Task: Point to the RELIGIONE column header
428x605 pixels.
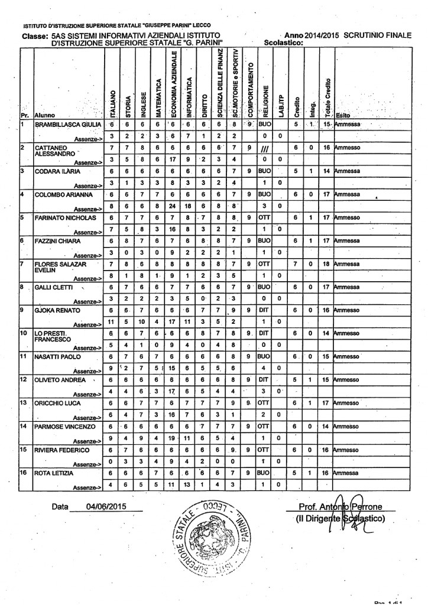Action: tap(265, 95)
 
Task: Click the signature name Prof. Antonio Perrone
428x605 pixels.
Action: tap(343, 507)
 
